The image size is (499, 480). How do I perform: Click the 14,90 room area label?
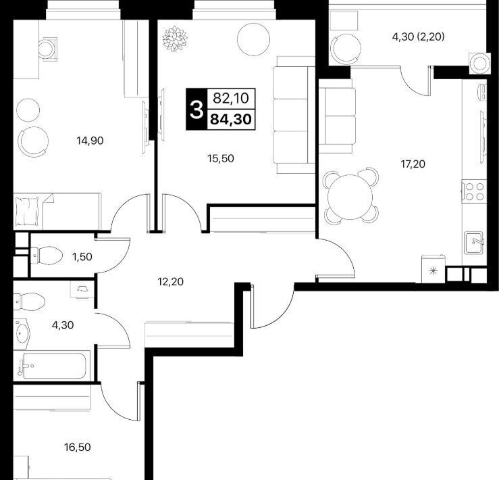tap(90, 140)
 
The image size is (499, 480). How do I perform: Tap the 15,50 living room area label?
tap(221, 158)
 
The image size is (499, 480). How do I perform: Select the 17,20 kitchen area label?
tap(413, 164)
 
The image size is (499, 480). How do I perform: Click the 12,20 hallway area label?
tap(171, 282)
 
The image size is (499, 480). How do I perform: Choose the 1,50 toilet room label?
tap(82, 257)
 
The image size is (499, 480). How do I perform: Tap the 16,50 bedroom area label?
tap(78, 447)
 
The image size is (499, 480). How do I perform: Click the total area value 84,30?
tap(231, 119)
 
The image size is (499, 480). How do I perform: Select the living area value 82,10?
tap(231, 99)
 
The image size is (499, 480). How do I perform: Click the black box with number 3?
tap(196, 109)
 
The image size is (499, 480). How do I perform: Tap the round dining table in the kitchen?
tap(350, 197)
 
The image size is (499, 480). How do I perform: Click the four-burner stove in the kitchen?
tap(474, 191)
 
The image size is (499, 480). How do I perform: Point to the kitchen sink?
tap(474, 243)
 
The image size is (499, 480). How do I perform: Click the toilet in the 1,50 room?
tap(46, 256)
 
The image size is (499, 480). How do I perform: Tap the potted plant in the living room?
tap(174, 39)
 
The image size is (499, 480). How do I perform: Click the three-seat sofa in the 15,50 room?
tap(294, 115)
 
